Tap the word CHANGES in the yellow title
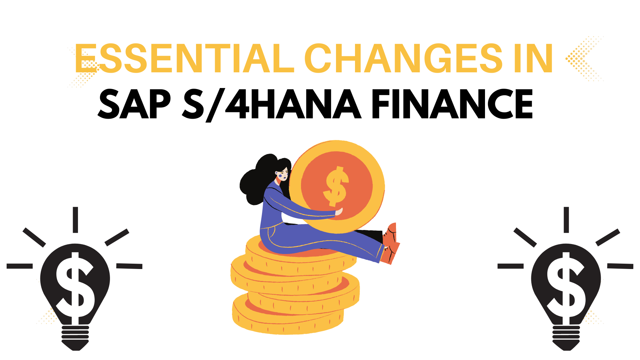tap(403, 59)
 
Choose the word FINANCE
tap(452, 104)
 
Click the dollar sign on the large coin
tap(336, 186)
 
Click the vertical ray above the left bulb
tap(75, 220)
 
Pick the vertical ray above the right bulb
tap(566, 220)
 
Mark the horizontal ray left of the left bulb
tap(20, 266)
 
